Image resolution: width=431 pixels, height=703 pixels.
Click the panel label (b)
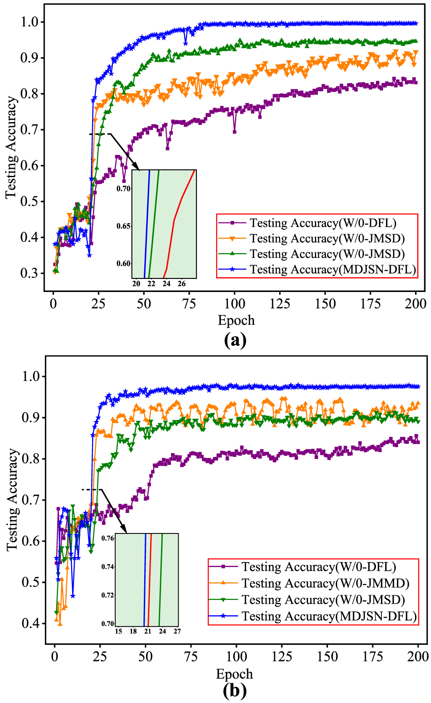tap(235, 691)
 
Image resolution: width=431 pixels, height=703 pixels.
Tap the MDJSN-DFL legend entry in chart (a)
tap(332, 270)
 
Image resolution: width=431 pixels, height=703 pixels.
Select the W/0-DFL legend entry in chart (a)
tap(323, 223)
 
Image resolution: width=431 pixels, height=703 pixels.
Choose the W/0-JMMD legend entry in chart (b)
tap(325, 584)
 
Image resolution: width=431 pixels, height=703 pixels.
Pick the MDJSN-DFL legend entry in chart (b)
tap(328, 616)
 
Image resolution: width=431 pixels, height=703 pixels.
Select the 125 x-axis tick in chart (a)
tap(280, 304)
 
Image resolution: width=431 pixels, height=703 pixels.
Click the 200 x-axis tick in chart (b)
tap(418, 657)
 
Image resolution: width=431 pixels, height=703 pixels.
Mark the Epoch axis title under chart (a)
tap(236, 321)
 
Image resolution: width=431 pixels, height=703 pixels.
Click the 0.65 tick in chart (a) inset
tap(123, 226)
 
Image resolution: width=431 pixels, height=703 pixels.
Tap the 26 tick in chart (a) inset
tap(182, 284)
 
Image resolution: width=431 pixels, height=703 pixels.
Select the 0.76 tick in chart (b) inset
tap(108, 538)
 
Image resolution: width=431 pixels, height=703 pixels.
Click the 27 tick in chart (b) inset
tap(177, 631)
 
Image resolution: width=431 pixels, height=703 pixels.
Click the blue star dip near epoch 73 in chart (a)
tap(185, 43)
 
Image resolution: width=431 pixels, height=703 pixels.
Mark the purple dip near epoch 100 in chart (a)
tap(234, 132)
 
